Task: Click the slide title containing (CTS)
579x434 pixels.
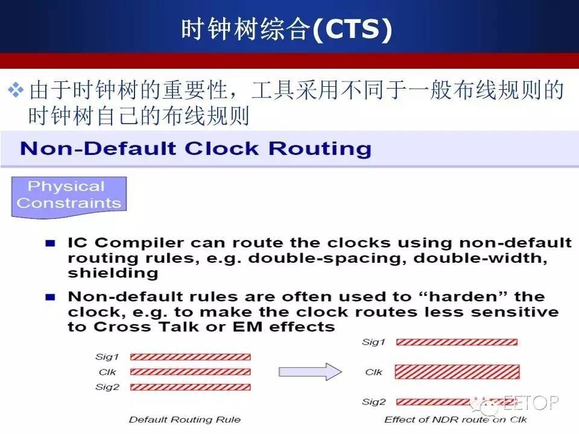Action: coord(286,29)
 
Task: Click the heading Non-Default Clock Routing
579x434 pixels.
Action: coord(195,149)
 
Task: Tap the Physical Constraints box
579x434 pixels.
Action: coord(69,197)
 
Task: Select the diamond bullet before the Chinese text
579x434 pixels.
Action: coord(16,90)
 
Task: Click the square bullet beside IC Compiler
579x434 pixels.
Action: coord(50,243)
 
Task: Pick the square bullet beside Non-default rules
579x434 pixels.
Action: coord(50,297)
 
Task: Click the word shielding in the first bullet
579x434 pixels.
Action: coord(113,273)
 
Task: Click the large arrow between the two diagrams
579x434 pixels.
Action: coord(310,371)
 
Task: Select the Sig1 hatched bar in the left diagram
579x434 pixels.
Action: coord(191,357)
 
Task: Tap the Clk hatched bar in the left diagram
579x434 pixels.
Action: coord(191,372)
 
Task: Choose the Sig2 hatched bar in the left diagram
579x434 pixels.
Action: coord(191,387)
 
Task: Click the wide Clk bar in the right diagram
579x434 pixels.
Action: coord(457,372)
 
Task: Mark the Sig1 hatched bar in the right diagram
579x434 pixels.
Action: coord(457,342)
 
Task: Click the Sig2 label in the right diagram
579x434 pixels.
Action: coord(374,402)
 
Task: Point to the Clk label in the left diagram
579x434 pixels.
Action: coord(107,372)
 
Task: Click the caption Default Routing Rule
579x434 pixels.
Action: coord(185,420)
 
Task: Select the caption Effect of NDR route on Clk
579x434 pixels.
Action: coord(456,420)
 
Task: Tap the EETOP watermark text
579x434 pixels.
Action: coord(531,402)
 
